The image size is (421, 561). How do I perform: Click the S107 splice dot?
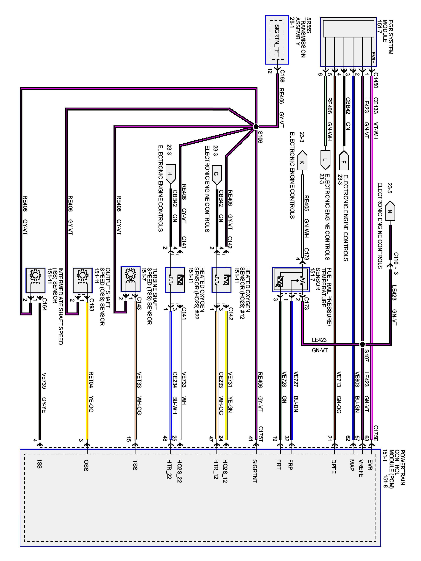(362, 344)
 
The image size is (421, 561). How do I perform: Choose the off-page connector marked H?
(170, 174)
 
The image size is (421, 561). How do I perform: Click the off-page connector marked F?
(344, 161)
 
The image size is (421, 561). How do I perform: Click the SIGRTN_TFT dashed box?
(277, 40)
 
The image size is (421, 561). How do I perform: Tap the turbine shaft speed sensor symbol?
(130, 279)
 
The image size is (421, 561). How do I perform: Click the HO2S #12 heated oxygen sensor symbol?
(222, 280)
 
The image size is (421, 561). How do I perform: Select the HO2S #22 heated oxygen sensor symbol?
(175, 280)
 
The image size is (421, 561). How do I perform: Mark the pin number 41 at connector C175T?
(251, 439)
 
